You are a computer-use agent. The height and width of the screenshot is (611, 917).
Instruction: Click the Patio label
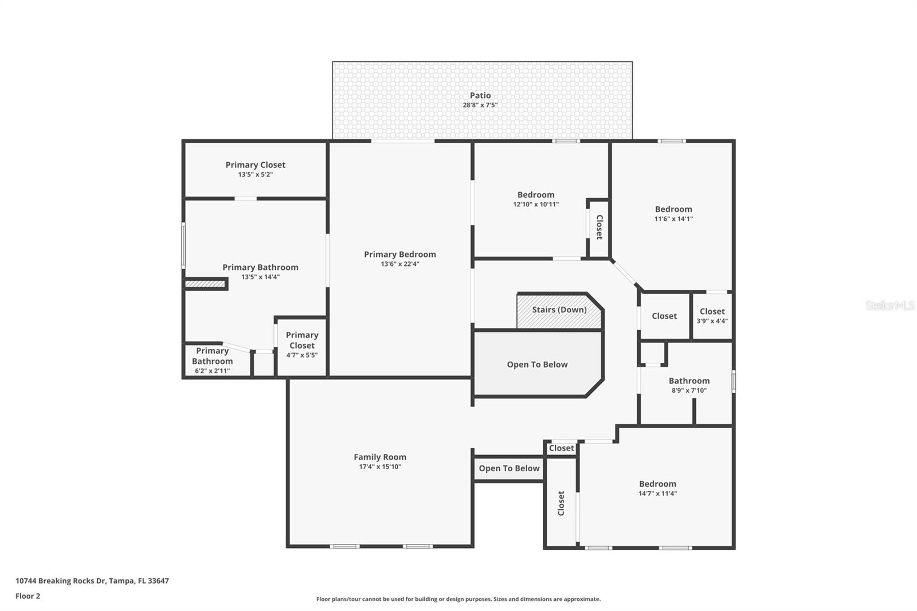[480, 95]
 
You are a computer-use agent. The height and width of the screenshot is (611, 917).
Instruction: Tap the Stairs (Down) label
[559, 310]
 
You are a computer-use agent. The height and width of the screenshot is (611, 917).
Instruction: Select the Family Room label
[379, 457]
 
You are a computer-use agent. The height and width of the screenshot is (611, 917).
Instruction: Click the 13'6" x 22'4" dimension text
[400, 264]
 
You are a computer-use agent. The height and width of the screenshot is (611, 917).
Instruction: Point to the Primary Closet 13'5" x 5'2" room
[255, 169]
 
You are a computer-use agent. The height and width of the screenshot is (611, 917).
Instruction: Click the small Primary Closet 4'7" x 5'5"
[302, 344]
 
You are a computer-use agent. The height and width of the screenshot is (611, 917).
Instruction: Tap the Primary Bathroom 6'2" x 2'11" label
[212, 361]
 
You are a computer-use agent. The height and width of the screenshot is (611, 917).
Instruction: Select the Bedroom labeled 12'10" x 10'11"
[536, 198]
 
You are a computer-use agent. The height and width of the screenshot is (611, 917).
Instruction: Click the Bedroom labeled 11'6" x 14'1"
[673, 213]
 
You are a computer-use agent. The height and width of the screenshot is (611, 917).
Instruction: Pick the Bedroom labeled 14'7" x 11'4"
[657, 488]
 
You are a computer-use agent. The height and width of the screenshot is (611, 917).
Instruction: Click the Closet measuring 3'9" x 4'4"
[712, 316]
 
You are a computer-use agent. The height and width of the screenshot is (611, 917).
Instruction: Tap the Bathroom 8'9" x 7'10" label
[689, 385]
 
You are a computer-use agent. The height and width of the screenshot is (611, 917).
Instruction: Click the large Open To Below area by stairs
[537, 365]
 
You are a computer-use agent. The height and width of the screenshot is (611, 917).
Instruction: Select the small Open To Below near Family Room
[509, 468]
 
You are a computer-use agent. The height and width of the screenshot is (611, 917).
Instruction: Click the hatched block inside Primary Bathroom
[205, 284]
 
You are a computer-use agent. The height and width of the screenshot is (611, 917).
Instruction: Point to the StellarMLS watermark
[889, 305]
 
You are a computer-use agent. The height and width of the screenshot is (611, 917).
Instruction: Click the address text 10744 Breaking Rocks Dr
[92, 581]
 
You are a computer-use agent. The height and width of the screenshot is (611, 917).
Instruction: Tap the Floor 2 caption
[28, 596]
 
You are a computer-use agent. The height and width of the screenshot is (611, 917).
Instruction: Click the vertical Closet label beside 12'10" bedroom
[599, 227]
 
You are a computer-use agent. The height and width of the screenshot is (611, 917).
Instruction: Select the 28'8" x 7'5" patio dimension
[480, 105]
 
